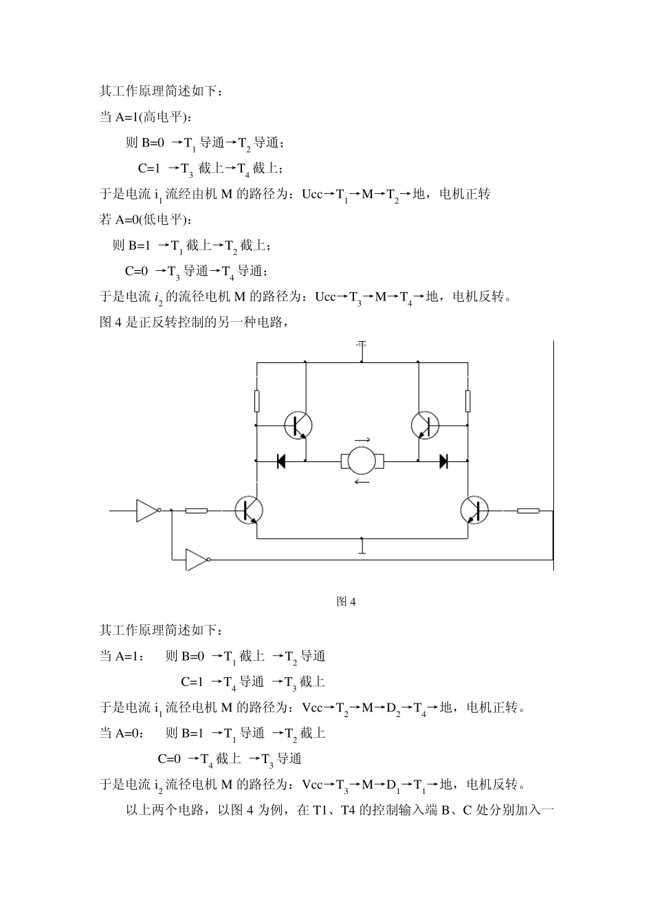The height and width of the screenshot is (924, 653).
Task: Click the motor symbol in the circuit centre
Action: coord(362,461)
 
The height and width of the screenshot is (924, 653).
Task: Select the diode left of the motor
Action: coord(281,461)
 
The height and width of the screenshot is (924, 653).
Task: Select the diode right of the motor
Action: coord(443,461)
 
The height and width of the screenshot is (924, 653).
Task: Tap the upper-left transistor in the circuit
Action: coord(298,426)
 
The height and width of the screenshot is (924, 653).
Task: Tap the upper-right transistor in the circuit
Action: coord(425,426)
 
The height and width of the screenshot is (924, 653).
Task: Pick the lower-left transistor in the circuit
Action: coord(248,510)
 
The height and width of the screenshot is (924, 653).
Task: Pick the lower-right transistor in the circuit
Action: coord(474,510)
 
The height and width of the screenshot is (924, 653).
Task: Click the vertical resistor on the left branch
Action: coord(256,401)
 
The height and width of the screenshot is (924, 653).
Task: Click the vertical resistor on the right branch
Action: coord(468,401)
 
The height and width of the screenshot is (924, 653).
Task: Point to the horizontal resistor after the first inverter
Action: coord(197,511)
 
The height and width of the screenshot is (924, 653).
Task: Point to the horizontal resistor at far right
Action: coord(528,511)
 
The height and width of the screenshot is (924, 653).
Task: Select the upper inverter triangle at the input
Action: coord(148,510)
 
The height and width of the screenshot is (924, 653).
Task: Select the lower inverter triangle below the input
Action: coord(197,560)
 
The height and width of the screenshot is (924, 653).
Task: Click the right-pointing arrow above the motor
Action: coord(362,440)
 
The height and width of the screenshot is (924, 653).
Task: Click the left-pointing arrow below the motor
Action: coord(362,482)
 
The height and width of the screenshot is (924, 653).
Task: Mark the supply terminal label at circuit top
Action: coord(361,344)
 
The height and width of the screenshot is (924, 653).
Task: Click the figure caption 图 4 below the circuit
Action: coord(346,602)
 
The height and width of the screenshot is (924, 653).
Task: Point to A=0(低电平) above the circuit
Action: coord(146,220)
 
